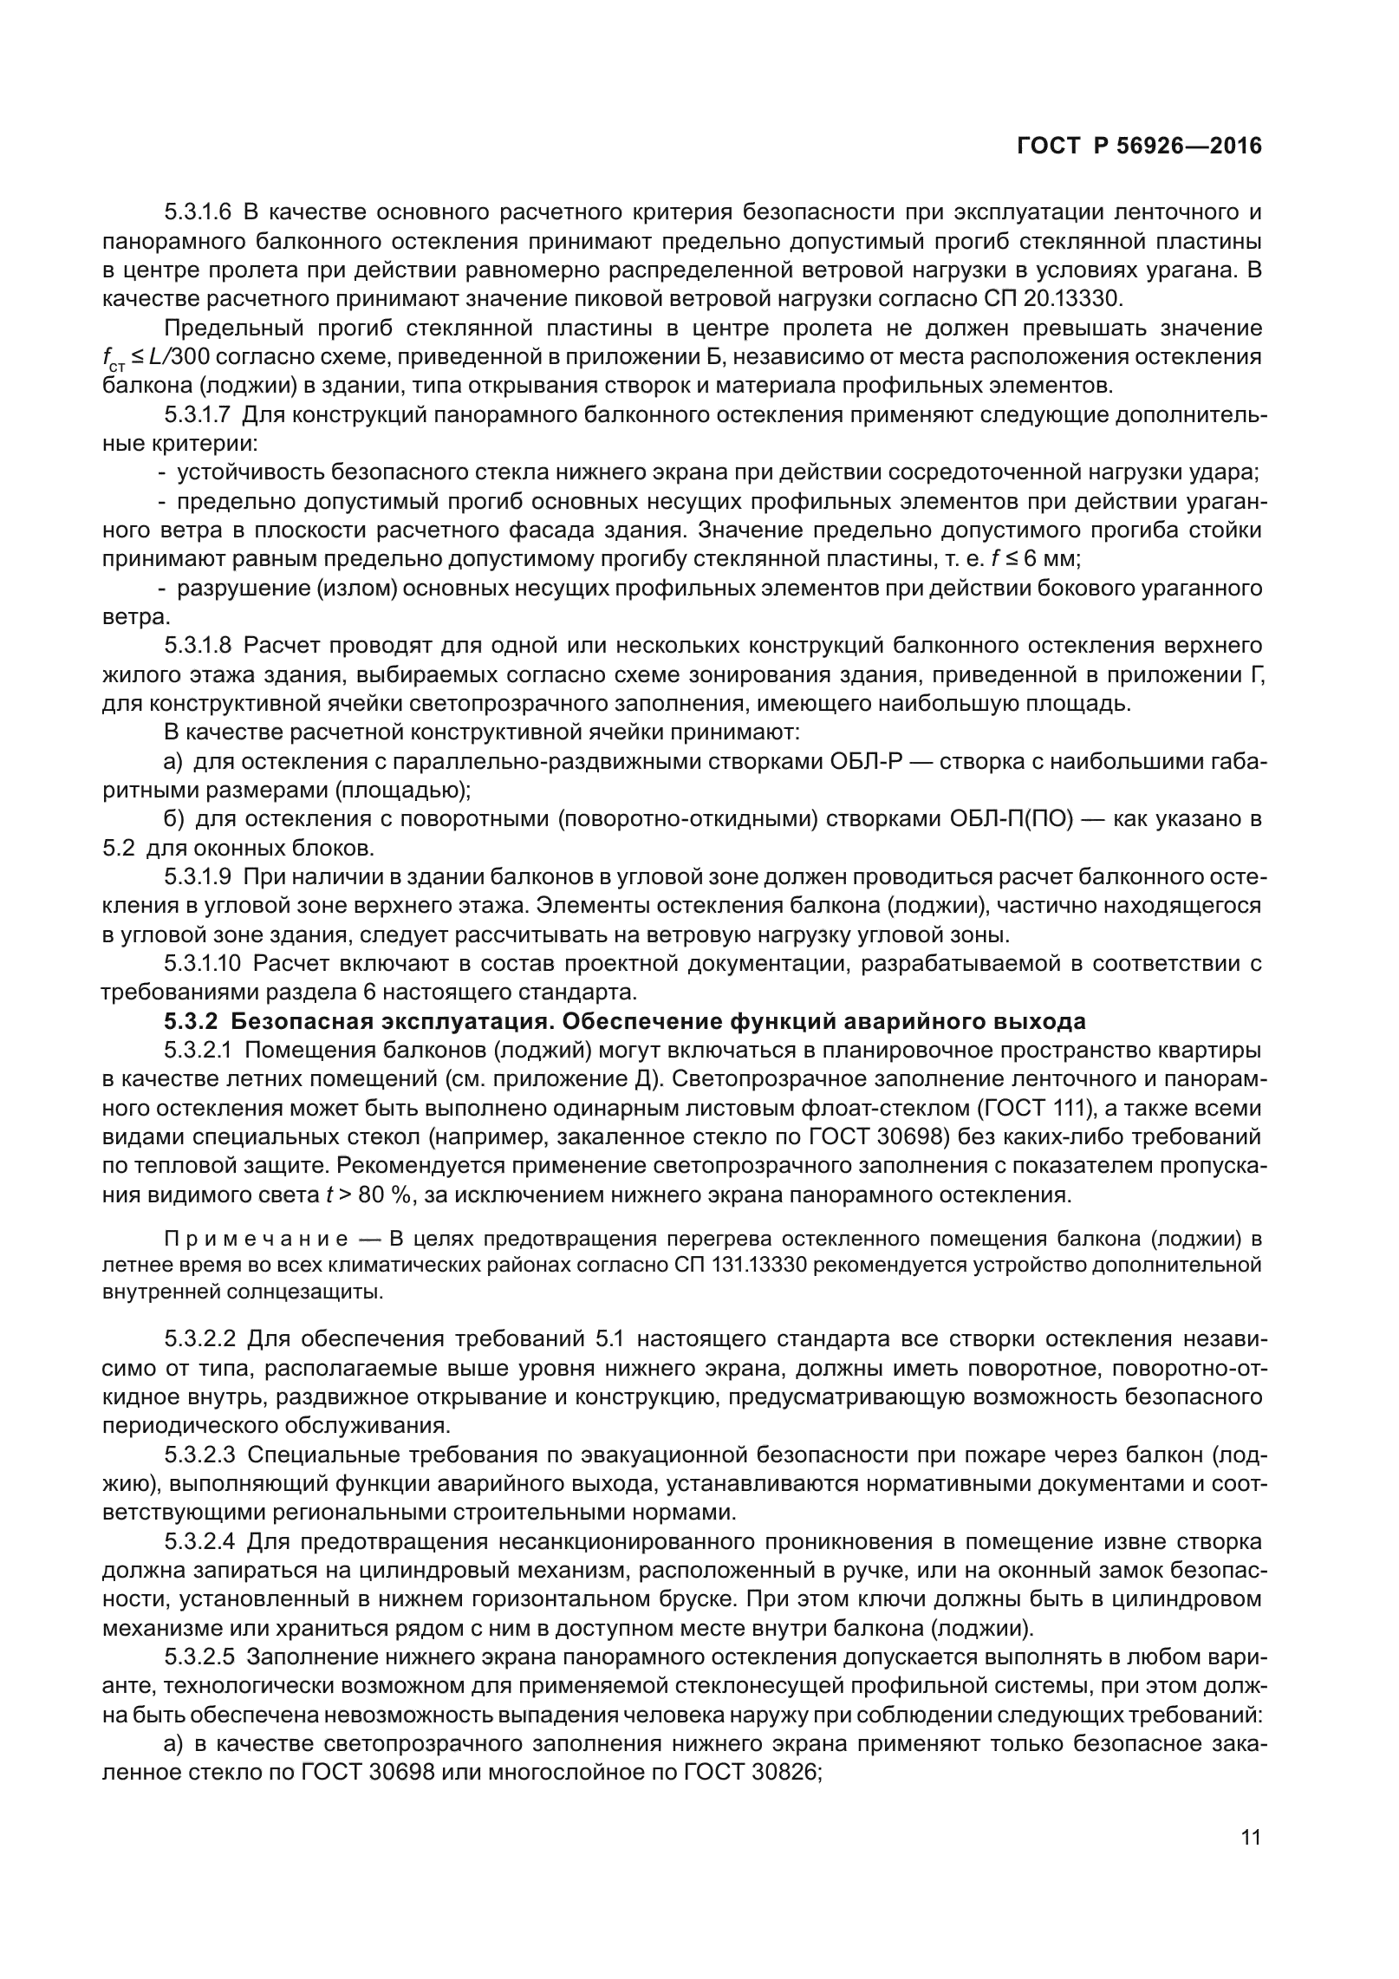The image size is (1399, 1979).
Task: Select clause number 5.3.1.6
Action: coord(198,212)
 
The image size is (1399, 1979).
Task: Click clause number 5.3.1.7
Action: coord(198,414)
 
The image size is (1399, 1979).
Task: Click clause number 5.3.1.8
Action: coord(198,645)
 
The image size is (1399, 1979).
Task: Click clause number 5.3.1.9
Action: coord(198,876)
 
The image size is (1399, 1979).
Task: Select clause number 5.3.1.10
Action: coord(204,963)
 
